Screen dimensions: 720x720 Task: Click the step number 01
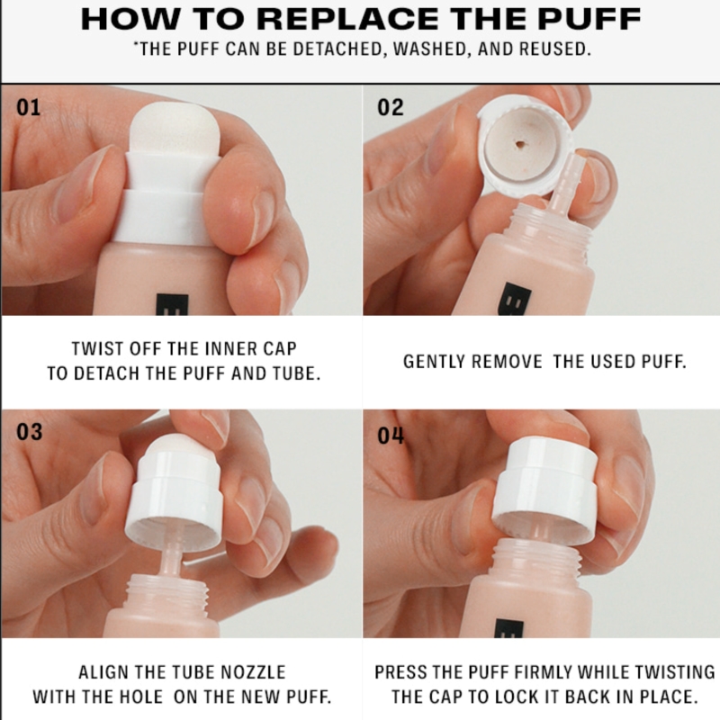coord(29,107)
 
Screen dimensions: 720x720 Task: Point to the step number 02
coord(391,107)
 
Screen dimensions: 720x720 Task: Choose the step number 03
coord(30,432)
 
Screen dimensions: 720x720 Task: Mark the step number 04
coord(391,436)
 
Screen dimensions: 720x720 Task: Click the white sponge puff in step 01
coord(175,130)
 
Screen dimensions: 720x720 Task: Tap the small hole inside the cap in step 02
coord(520,145)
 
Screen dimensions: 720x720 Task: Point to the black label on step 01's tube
coord(173,304)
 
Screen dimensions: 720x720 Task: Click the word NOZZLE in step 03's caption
coord(253,672)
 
